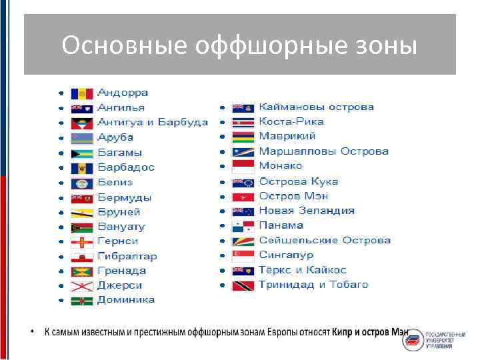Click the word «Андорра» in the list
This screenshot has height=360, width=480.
point(123,93)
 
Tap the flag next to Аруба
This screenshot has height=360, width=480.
point(81,138)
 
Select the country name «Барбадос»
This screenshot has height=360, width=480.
point(126,167)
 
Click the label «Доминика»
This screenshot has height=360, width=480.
point(126,300)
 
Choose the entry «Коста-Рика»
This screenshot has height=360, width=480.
point(291,122)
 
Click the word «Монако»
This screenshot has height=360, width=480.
point(281,166)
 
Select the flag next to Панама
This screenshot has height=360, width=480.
point(243,226)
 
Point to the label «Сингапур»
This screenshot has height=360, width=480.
point(286,255)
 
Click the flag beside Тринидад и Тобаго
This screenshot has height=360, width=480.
point(243,285)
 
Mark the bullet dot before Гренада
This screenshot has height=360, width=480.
point(61,271)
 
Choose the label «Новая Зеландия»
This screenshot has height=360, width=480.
point(307,211)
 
